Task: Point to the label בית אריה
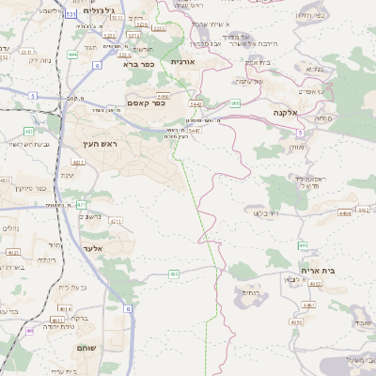tap(318, 270)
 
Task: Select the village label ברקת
tap(82, 319)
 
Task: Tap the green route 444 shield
tap(72, 55)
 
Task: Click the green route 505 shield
tap(234, 103)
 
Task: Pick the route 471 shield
tap(82, 204)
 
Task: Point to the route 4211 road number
tap(116, 221)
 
